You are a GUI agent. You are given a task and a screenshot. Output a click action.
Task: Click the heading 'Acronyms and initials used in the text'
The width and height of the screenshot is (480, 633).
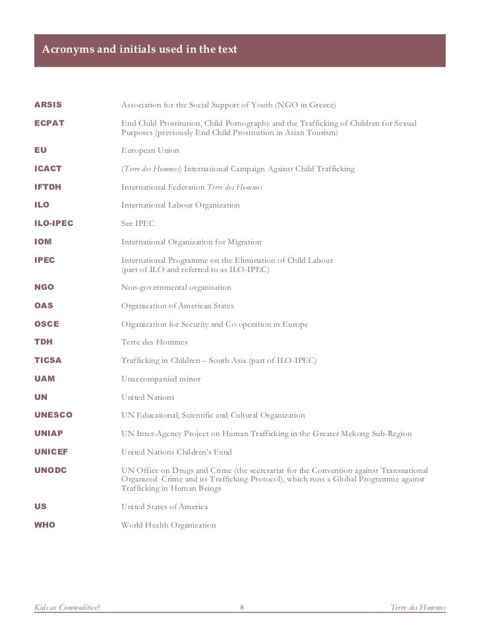click(139, 49)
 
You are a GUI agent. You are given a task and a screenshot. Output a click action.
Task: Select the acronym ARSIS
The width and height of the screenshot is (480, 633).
click(48, 105)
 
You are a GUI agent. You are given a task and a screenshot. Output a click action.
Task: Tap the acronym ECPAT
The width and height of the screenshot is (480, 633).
click(49, 124)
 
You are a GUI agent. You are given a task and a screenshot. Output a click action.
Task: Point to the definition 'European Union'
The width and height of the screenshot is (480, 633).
click(150, 151)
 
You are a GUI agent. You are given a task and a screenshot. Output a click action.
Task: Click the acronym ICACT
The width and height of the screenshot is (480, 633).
click(49, 169)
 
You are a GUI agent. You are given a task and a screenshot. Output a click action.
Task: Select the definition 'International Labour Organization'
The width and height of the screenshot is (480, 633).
click(181, 206)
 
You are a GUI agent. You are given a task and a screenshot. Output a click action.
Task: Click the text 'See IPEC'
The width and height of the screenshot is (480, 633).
click(138, 224)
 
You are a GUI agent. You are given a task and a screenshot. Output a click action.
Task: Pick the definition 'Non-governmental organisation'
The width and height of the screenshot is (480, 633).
click(176, 288)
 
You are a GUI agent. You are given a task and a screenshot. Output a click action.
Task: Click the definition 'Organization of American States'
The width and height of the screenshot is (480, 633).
click(177, 306)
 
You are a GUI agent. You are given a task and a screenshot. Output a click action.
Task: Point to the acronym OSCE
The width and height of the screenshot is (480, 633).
click(46, 324)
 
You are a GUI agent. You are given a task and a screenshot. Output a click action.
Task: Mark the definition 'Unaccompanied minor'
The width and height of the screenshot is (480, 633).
click(161, 379)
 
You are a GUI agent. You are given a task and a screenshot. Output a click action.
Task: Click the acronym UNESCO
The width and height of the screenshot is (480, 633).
click(53, 415)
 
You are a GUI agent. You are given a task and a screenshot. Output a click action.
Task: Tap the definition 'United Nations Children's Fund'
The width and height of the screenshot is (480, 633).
click(177, 452)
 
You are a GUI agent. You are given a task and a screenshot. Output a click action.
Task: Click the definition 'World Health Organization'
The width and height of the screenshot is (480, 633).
click(169, 525)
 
